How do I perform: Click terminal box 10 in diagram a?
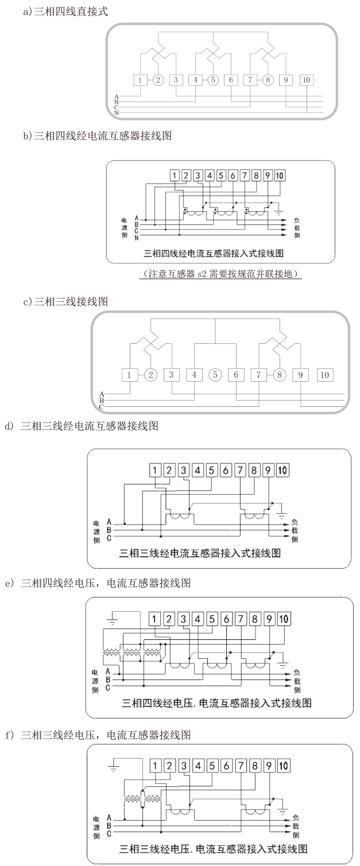(306, 80)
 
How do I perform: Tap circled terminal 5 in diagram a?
(213, 80)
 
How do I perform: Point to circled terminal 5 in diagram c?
(215, 375)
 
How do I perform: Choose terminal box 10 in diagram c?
(324, 375)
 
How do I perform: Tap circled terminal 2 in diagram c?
(150, 375)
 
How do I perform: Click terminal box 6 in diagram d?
(226, 471)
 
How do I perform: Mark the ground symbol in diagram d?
(281, 512)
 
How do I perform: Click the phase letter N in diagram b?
(137, 237)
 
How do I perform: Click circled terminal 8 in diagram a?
(268, 80)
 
